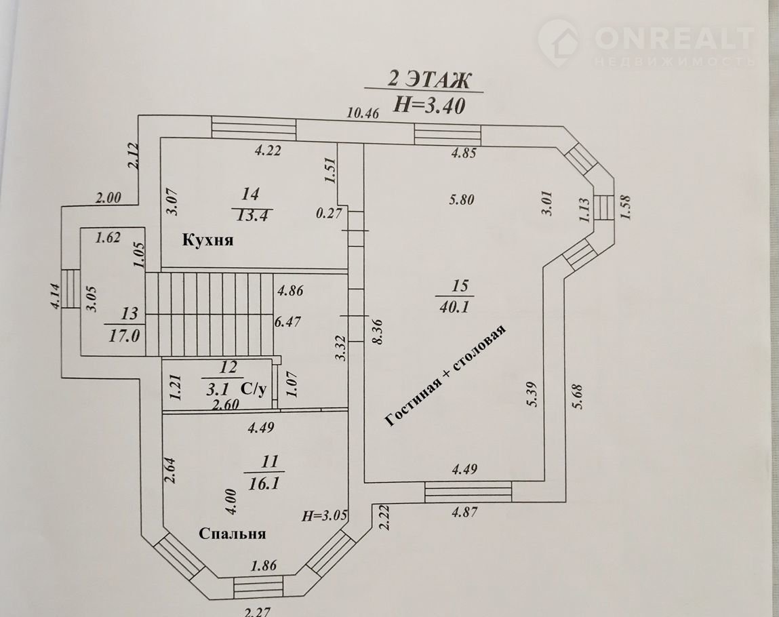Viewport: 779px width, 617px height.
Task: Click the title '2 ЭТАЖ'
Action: click(428, 79)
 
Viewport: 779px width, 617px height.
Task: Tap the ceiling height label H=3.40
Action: click(430, 105)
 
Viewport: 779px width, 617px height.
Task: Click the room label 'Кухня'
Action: click(207, 241)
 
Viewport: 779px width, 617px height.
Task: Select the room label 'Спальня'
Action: click(232, 534)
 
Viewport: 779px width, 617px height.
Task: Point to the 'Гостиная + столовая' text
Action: click(445, 376)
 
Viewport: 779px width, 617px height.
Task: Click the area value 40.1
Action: click(454, 307)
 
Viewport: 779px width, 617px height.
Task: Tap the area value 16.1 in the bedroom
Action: click(264, 483)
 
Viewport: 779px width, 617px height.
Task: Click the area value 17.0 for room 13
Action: click(124, 336)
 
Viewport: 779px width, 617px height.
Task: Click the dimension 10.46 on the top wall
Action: click(363, 113)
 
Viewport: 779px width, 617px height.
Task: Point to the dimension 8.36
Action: click(378, 332)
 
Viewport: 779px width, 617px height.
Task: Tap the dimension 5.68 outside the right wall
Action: click(577, 397)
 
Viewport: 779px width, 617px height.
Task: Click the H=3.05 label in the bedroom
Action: click(325, 516)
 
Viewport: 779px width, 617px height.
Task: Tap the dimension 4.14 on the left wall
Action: click(55, 296)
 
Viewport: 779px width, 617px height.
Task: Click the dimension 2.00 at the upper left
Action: click(108, 198)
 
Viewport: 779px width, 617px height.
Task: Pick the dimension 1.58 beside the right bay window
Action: click(624, 207)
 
